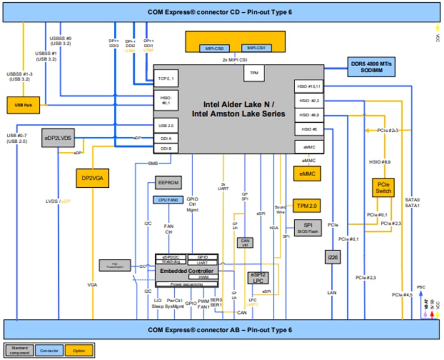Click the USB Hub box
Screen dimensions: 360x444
pyautogui.click(x=24, y=104)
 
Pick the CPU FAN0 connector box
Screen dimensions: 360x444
pyautogui.click(x=168, y=200)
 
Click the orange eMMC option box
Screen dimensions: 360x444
pyautogui.click(x=307, y=174)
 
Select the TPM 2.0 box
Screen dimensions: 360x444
pyautogui.click(x=306, y=206)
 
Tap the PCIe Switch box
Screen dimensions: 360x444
pyautogui.click(x=384, y=187)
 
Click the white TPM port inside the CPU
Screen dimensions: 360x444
pyautogui.click(x=254, y=73)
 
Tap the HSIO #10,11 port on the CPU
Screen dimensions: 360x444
pyautogui.click(x=308, y=87)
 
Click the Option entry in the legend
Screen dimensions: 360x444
pyautogui.click(x=80, y=350)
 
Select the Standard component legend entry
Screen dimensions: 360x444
pyautogui.click(x=19, y=350)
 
